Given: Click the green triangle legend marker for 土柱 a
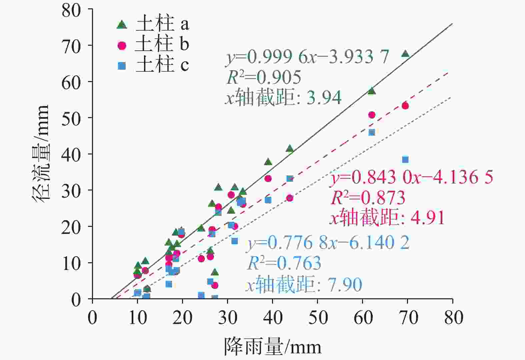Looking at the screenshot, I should click(122, 24).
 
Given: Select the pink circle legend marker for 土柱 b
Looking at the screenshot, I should click(122, 45).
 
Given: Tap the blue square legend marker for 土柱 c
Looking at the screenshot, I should click(122, 66).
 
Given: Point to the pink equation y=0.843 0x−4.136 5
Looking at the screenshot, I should click(412, 177).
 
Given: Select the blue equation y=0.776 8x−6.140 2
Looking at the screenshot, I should click(328, 243).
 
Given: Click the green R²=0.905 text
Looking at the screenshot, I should click(264, 77).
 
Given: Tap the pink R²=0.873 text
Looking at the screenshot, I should click(368, 198).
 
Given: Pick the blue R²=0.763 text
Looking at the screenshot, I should click(284, 263).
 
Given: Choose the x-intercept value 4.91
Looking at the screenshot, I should click(428, 218).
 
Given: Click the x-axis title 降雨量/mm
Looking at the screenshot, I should click(273, 347).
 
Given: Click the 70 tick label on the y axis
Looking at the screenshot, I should click(71, 46).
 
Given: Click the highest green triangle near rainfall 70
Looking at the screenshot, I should click(405, 54).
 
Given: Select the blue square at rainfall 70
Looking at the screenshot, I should click(405, 159).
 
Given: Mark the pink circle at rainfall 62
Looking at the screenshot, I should click(372, 115).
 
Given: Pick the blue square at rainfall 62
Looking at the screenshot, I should click(372, 132).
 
